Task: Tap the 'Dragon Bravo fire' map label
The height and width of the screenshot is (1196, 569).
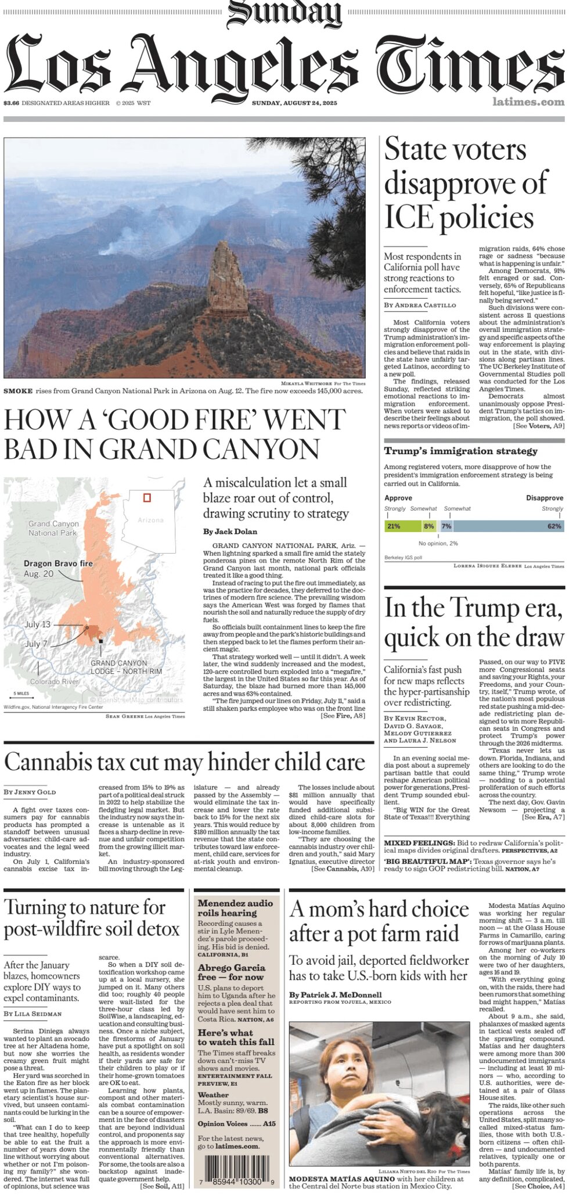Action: tap(58, 563)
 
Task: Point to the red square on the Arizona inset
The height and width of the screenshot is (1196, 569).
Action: tap(147, 497)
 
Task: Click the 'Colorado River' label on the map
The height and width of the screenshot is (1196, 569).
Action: tap(54, 681)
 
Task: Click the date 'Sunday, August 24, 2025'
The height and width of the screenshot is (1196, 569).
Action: tap(294, 103)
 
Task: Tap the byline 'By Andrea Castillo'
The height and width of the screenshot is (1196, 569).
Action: tap(420, 305)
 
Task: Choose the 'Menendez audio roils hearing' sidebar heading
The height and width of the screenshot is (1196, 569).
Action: tap(235, 908)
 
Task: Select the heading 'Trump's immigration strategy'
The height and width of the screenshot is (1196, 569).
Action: tap(460, 451)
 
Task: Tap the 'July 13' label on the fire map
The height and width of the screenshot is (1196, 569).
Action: tap(38, 624)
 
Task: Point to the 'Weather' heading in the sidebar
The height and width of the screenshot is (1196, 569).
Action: tap(213, 1094)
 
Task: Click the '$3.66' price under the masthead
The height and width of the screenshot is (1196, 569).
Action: tap(11, 103)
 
